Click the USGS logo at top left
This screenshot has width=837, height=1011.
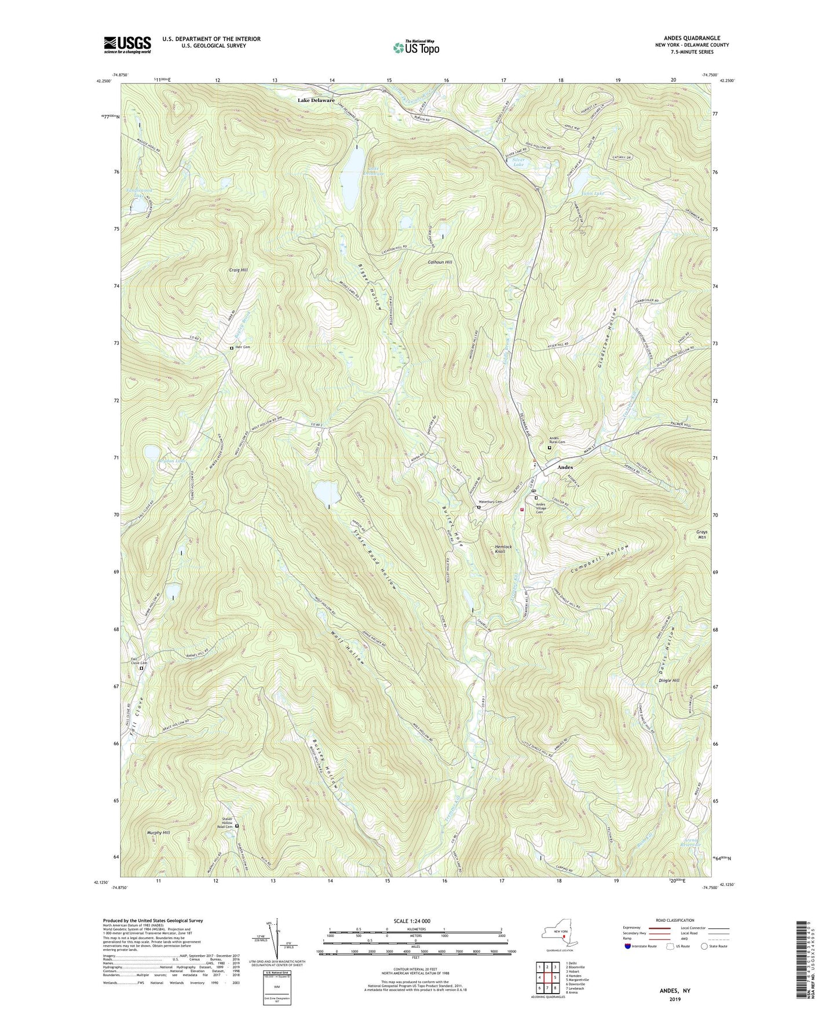tap(127, 44)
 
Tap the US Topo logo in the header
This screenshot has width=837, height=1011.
tap(415, 47)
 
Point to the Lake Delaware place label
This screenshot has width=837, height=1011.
tap(316, 100)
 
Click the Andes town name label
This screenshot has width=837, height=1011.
tap(565, 467)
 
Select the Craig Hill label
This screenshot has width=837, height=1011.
tap(237, 270)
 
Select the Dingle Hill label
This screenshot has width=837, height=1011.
tap(668, 680)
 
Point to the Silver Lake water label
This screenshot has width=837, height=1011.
tap(518, 163)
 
